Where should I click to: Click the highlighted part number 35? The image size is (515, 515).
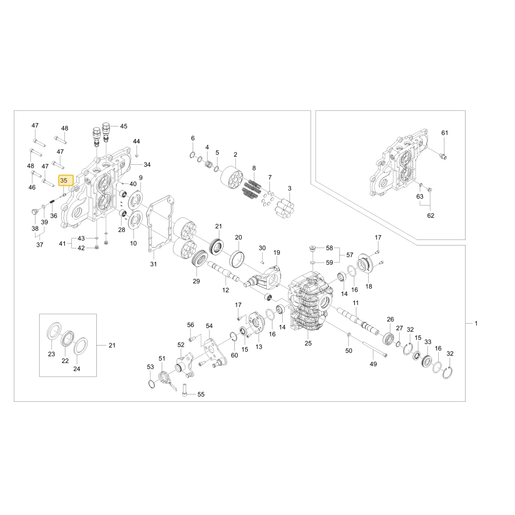[64, 180]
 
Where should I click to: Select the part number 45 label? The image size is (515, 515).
[124, 126]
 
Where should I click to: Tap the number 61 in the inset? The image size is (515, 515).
[444, 133]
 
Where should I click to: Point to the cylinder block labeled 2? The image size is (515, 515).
[233, 176]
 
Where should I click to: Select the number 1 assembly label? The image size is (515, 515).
[476, 323]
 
